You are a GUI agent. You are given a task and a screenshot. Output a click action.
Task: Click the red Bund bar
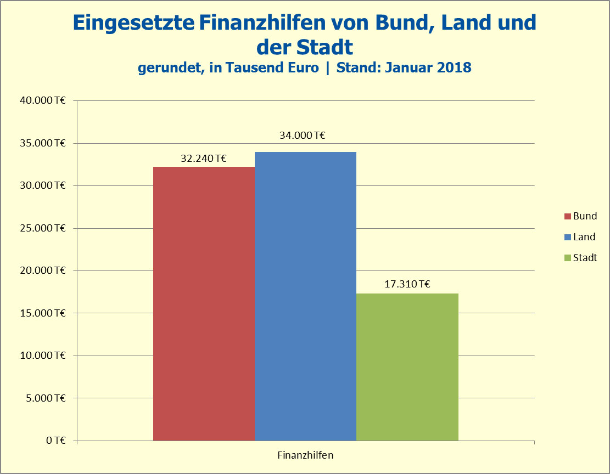(204, 303)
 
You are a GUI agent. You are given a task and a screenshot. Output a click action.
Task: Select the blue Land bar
(305, 296)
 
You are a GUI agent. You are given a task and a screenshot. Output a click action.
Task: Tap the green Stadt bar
(407, 366)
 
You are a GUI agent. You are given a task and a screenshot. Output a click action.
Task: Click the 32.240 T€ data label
(204, 159)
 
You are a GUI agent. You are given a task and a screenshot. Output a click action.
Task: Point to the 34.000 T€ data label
(302, 135)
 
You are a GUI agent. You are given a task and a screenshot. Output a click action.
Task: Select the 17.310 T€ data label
(407, 284)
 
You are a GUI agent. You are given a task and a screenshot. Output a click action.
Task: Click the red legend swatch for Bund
(568, 216)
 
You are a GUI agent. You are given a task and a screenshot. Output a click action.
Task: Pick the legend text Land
(584, 237)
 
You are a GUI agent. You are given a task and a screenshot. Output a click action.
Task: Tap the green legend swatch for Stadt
(568, 258)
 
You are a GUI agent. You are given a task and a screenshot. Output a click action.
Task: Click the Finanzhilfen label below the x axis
(305, 455)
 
